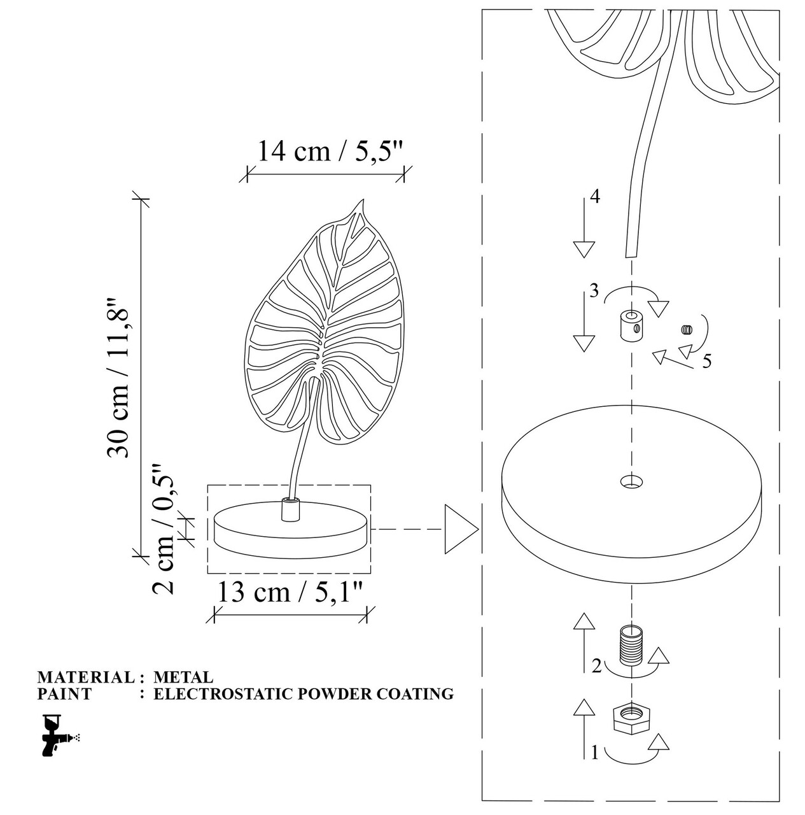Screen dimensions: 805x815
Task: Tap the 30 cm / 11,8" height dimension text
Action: (118, 378)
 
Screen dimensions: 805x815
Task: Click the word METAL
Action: (183, 677)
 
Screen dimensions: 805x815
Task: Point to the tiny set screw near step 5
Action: (687, 329)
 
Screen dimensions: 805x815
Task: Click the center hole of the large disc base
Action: (631, 481)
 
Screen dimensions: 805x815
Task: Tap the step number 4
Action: (594, 196)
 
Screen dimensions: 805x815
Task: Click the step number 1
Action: (594, 753)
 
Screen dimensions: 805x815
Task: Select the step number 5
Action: (706, 361)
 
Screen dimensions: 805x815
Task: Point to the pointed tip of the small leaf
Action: (362, 199)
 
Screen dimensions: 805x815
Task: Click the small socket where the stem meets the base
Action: (290, 509)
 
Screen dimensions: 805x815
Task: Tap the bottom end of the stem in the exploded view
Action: (631, 257)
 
